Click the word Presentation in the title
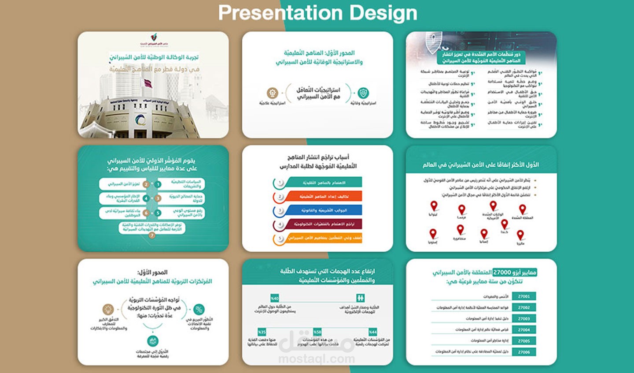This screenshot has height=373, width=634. coord(280,13)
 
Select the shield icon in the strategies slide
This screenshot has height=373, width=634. coord(363,93)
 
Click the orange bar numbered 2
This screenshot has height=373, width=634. coord(324,197)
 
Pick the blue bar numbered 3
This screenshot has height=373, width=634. coord(324,211)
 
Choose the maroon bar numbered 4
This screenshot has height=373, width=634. coord(324,224)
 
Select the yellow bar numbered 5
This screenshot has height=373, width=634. coord(324,238)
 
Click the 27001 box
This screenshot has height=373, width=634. coord(524,296)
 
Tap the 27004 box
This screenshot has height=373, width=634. coord(524,330)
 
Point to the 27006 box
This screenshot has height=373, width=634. coord(524,352)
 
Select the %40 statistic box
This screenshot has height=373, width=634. coord(275,298)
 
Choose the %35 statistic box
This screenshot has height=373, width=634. coord(262,332)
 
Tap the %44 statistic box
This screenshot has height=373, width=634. coord(373,332)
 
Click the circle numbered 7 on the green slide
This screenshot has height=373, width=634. coord(152,236)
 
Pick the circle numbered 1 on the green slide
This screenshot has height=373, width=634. coord(158,184)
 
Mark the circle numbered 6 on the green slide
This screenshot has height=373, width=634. coord(146,213)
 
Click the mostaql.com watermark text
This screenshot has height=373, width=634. coord(317,358)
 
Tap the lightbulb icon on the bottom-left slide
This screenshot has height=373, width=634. coord(108,309)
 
